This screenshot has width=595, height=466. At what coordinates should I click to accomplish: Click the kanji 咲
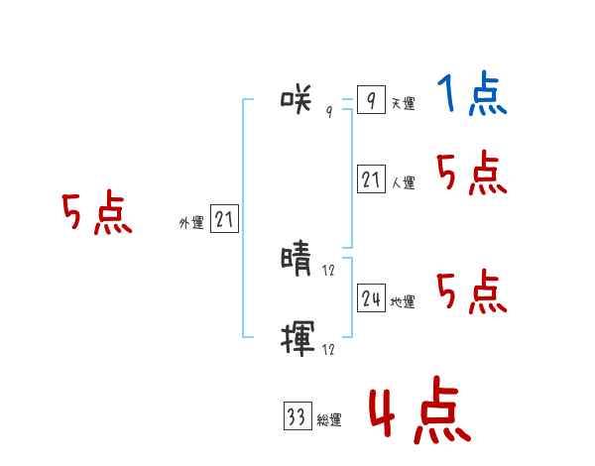tap(297, 98)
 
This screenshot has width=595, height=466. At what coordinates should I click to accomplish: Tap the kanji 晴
tap(297, 260)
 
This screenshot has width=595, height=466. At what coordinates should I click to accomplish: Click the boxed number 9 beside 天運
tap(370, 100)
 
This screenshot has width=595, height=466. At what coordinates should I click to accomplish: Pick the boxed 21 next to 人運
tap(371, 179)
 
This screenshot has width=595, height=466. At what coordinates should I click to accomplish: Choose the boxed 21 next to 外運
tap(224, 220)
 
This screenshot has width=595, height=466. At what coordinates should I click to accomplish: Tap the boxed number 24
tap(371, 298)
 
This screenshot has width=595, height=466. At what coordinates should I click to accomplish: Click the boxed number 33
tap(297, 416)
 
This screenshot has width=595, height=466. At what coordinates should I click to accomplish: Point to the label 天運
tap(403, 103)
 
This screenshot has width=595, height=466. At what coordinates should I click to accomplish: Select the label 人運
tap(403, 183)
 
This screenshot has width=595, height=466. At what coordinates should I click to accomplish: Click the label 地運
tap(403, 302)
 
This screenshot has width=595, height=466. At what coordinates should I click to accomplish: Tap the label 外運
tap(191, 224)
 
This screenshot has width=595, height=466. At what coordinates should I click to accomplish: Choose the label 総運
tap(328, 420)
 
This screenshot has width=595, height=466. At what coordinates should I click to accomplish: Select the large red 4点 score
tap(419, 413)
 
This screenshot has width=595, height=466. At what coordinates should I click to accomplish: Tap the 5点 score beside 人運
tap(472, 175)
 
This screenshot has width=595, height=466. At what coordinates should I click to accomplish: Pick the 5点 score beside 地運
tap(472, 291)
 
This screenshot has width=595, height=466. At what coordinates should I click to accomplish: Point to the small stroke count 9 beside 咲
tap(329, 111)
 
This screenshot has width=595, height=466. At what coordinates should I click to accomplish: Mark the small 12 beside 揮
tap(328, 349)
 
